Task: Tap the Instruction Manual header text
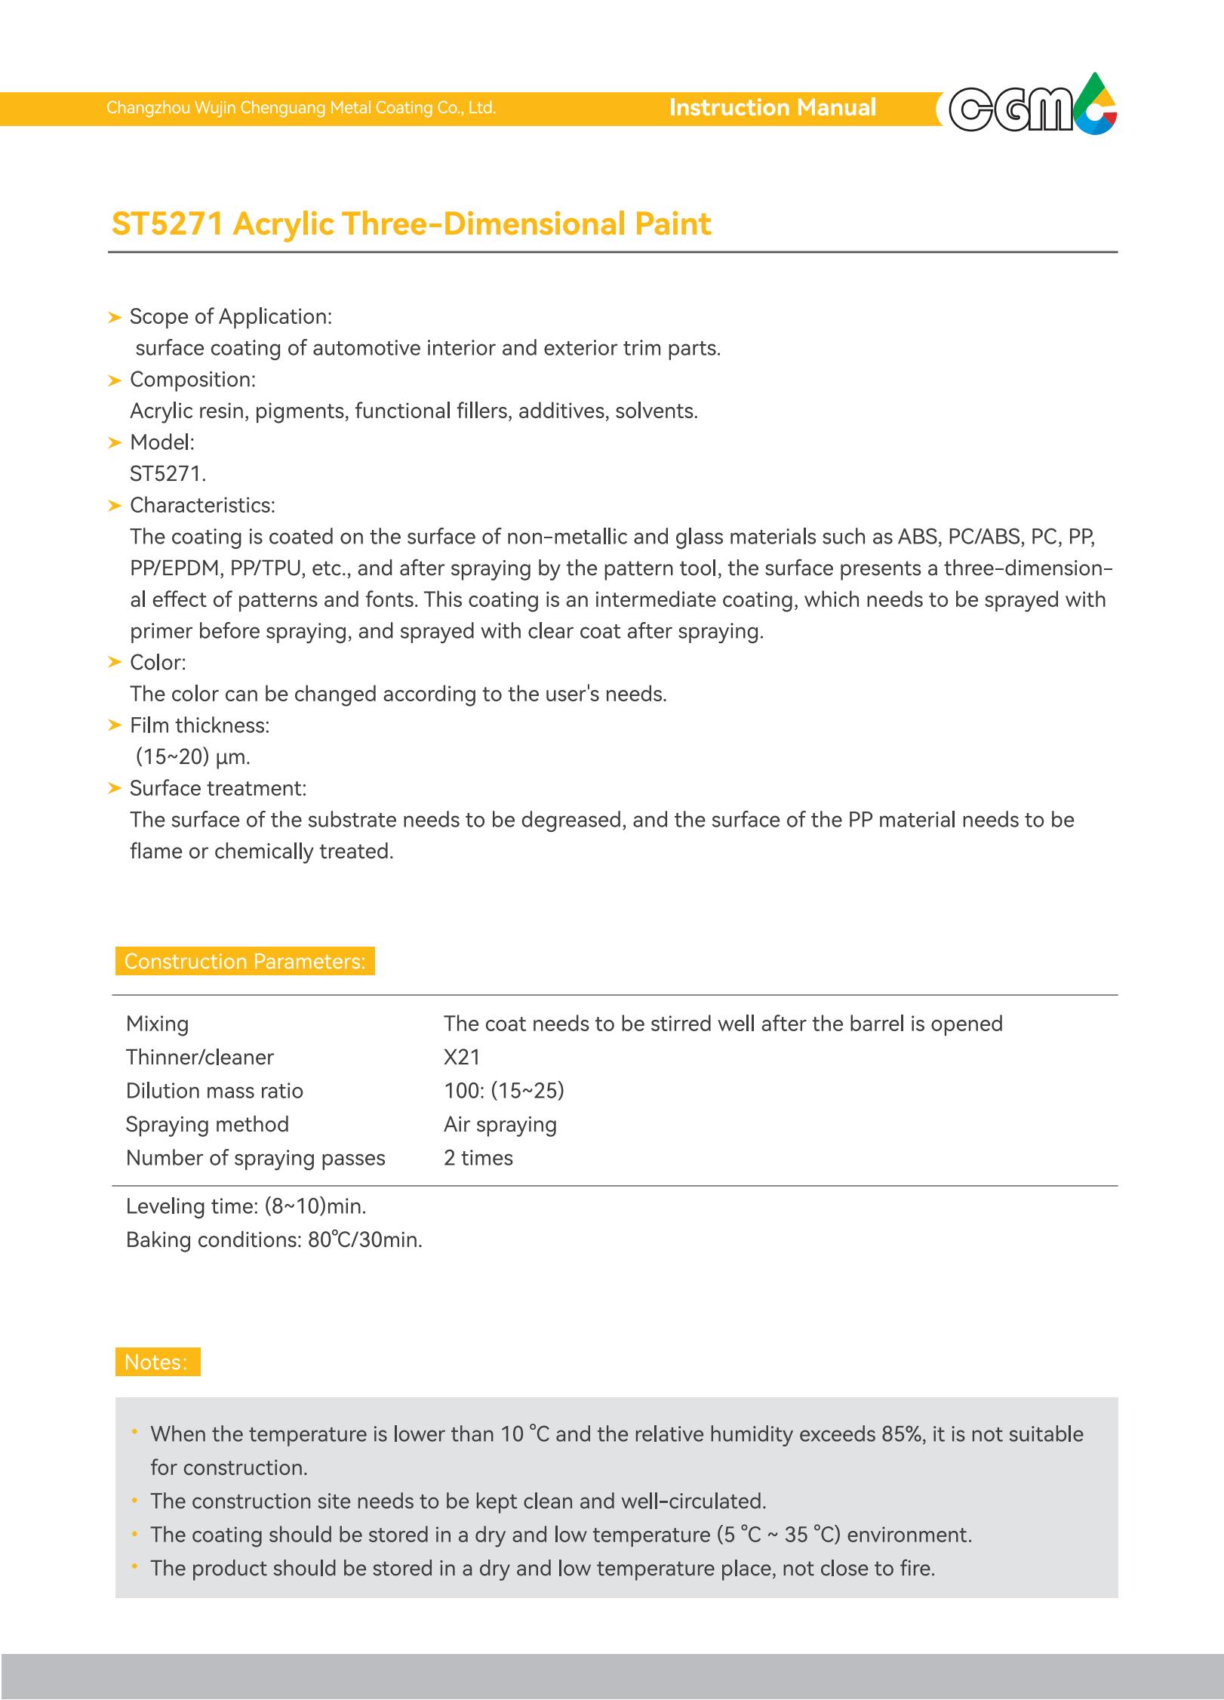tap(772, 108)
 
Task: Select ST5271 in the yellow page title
tap(167, 224)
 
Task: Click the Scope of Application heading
tap(230, 317)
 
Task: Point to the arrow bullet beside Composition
tap(115, 380)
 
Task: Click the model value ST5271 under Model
tap(168, 474)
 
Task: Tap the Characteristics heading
tap(202, 505)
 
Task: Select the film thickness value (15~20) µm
tap(192, 756)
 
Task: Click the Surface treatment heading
tap(217, 789)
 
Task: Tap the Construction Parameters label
tap(244, 961)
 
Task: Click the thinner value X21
tap(462, 1057)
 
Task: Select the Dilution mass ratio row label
tap(214, 1091)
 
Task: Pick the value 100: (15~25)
tap(503, 1091)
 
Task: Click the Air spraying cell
tap(500, 1124)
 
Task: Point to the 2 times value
tap(478, 1158)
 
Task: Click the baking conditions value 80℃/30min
tap(365, 1240)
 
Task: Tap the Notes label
tap(156, 1362)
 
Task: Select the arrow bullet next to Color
tap(115, 663)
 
